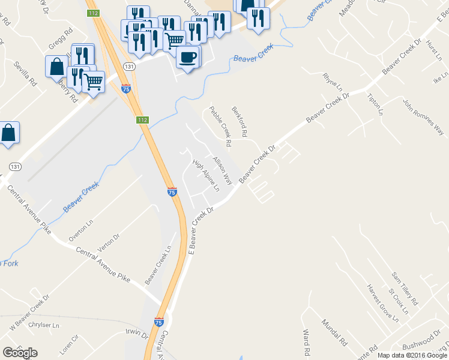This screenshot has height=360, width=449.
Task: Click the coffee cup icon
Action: (188, 56)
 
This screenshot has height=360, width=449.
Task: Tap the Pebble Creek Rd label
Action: (220, 127)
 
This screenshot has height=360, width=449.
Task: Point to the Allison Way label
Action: (222, 170)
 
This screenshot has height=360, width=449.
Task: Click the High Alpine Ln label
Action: (206, 175)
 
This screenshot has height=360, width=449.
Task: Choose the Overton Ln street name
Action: (81, 230)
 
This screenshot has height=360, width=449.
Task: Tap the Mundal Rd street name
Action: (334, 334)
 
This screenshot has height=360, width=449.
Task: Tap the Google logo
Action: (20, 352)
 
